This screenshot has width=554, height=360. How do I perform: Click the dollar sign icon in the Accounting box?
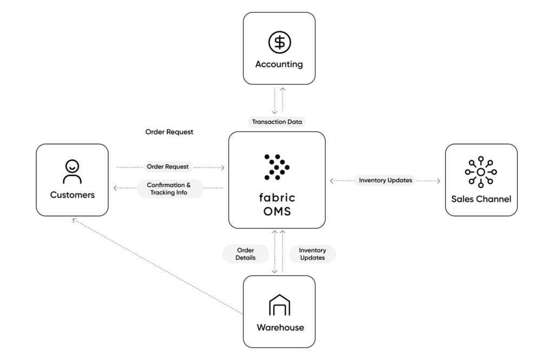tap(279, 42)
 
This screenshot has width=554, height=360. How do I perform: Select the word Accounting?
tap(279, 64)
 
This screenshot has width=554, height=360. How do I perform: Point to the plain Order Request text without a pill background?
tap(169, 132)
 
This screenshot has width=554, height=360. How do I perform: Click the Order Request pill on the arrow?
tap(168, 167)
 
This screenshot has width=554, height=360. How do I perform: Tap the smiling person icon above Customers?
tap(72, 171)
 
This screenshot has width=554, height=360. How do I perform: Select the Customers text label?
tap(72, 195)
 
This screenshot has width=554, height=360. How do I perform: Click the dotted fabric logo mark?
tap(277, 167)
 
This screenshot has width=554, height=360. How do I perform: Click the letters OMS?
tap(277, 212)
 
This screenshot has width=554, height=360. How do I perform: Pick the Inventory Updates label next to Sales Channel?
tap(385, 180)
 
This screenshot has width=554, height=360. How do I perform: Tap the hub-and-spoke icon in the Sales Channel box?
tap(480, 172)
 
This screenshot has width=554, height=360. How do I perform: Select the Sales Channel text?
tap(480, 199)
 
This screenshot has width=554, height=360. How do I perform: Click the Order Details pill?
tap(246, 254)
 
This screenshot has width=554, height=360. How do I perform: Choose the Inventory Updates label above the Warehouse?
tap(312, 254)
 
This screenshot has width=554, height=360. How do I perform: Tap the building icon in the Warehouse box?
tap(279, 305)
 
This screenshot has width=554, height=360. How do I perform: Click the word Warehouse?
tap(279, 328)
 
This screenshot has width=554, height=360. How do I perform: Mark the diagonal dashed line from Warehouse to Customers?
tap(157, 265)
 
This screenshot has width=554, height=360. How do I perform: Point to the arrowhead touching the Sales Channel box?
tap(441, 180)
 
